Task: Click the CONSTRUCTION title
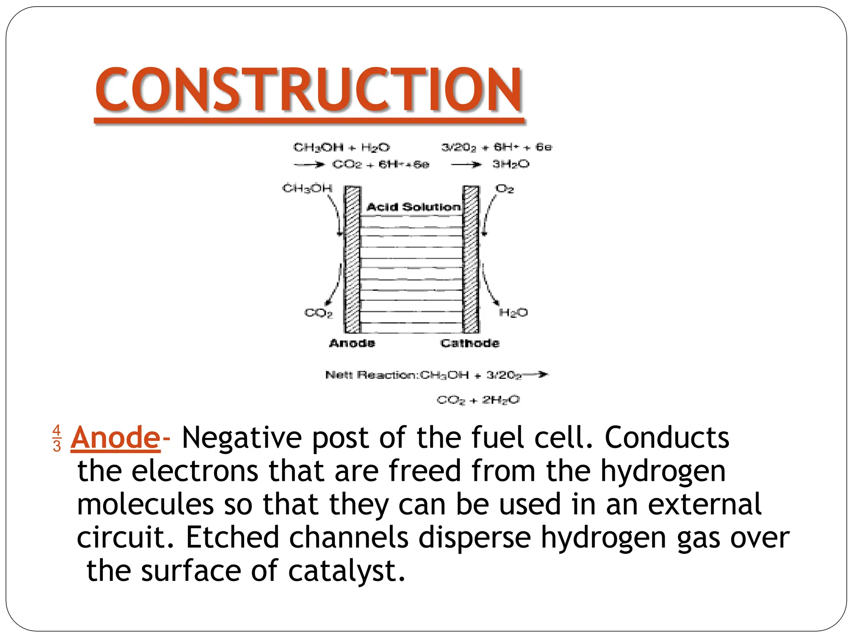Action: pyautogui.click(x=309, y=89)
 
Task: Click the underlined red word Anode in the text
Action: pyautogui.click(x=115, y=437)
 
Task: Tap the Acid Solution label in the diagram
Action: pyautogui.click(x=413, y=207)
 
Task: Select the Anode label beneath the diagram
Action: pyautogui.click(x=352, y=343)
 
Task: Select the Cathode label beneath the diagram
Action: pyautogui.click(x=470, y=343)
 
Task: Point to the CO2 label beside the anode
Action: pyautogui.click(x=319, y=312)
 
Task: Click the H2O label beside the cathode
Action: pyautogui.click(x=513, y=312)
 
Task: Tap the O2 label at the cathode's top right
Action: pyautogui.click(x=504, y=189)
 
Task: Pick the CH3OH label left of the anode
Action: pyautogui.click(x=307, y=188)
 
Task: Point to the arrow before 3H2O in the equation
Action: pyautogui.click(x=466, y=165)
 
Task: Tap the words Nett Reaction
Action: pyautogui.click(x=372, y=375)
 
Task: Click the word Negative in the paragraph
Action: pyautogui.click(x=242, y=437)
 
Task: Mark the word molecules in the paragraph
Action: pyautogui.click(x=145, y=504)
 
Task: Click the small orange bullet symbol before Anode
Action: pyautogui.click(x=57, y=438)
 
